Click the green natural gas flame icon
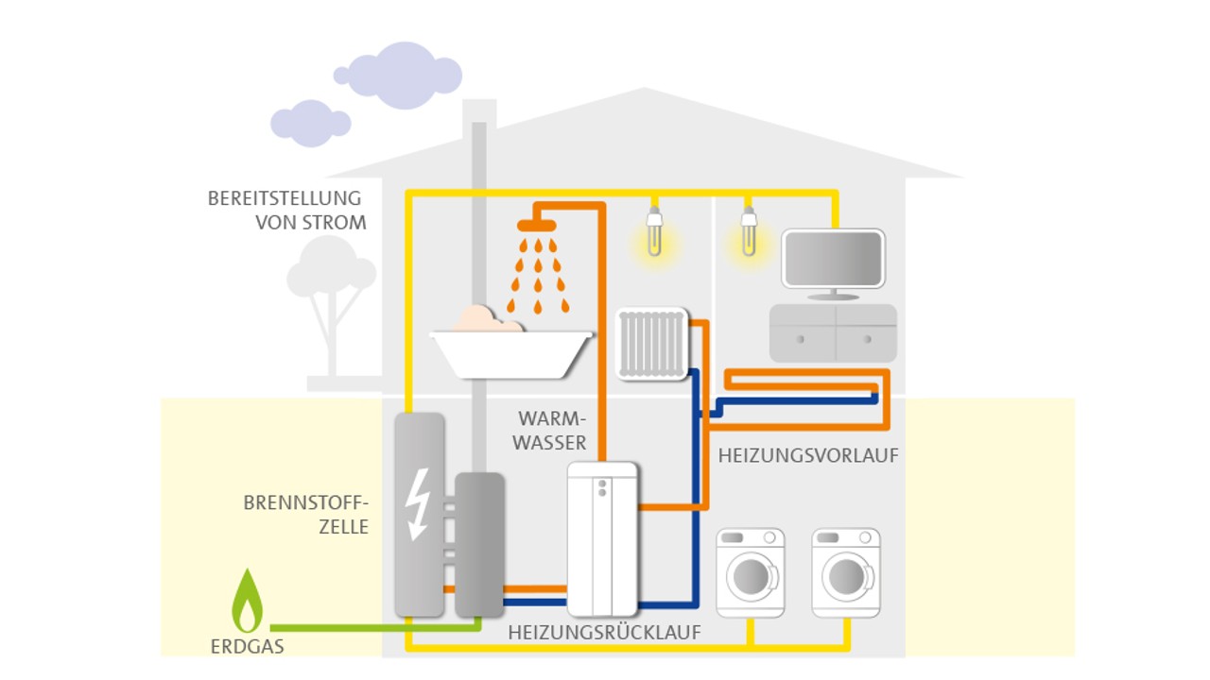coord(248,603)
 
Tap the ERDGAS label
coord(248,647)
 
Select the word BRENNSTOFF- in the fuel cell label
coord(304,502)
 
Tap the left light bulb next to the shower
coord(651,232)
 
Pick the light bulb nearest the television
coord(749,232)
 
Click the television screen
coord(833,258)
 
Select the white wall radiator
coord(651,344)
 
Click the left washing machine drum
coord(751,575)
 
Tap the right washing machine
coord(846,572)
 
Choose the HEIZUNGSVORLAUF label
coord(808,455)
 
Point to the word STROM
coord(336,224)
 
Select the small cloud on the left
coord(308,122)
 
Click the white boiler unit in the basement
coord(602,538)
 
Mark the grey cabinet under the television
coord(833,332)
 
